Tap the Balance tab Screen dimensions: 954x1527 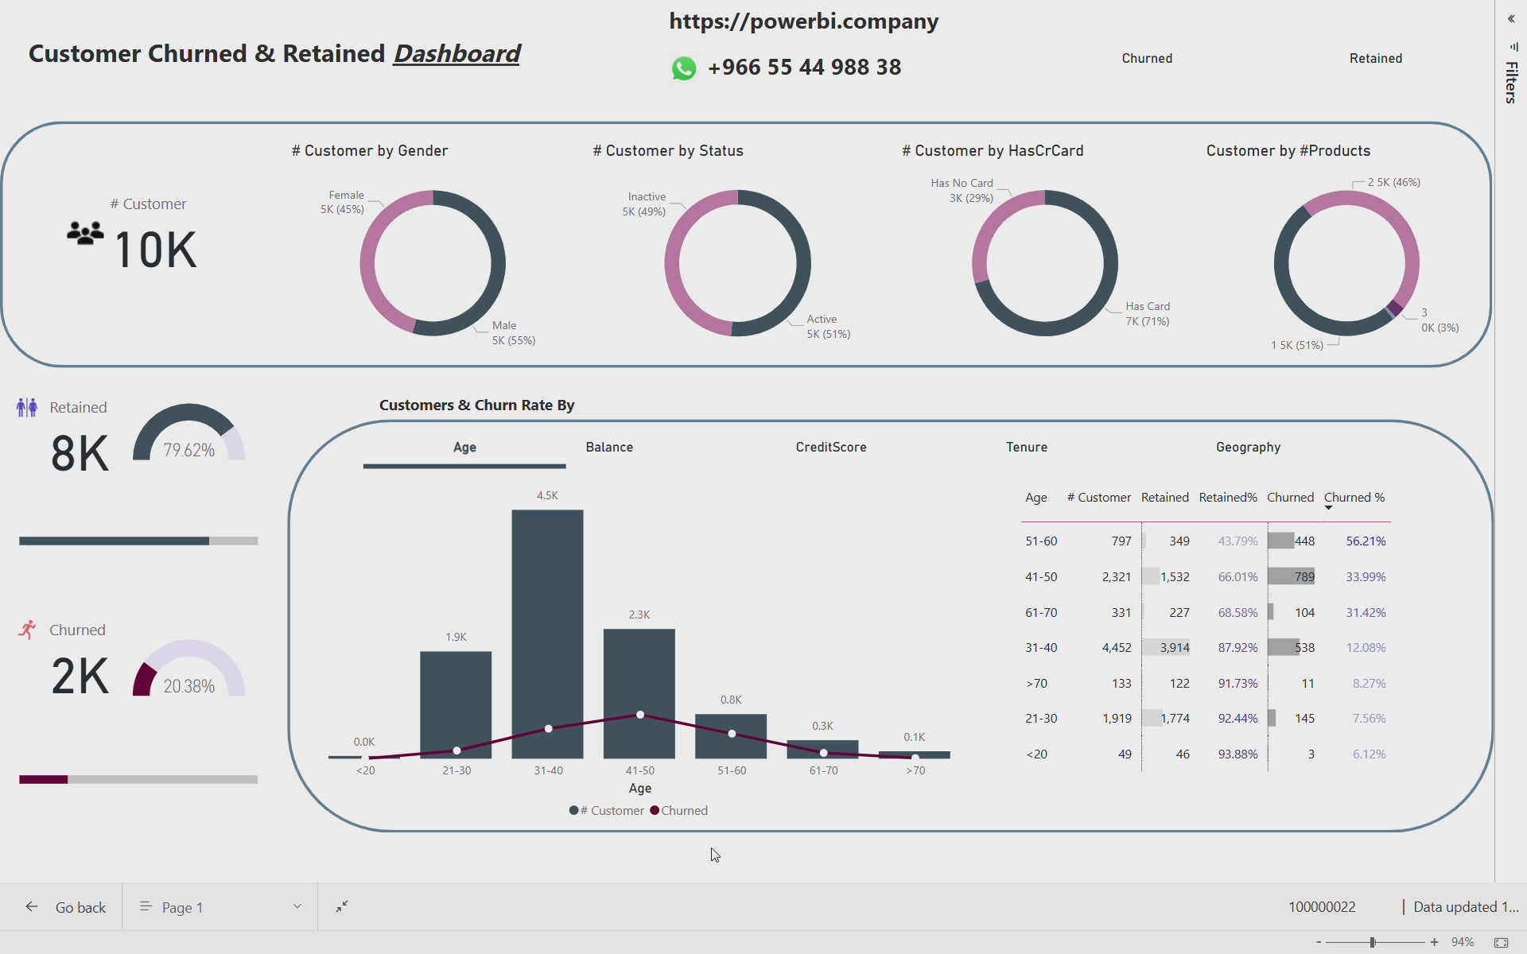[x=609, y=447]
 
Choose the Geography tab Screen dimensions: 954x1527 [x=1248, y=447]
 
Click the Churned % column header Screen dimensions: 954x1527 [x=1354, y=498]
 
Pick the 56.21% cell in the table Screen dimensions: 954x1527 [x=1366, y=541]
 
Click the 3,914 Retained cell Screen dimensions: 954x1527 [x=1174, y=648]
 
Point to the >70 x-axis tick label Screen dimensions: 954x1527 [x=915, y=770]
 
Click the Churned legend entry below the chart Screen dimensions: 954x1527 [x=682, y=811]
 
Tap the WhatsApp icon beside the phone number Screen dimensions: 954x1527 [x=684, y=68]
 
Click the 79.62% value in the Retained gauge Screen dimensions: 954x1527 [x=189, y=450]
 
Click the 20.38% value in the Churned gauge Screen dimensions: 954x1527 [x=189, y=686]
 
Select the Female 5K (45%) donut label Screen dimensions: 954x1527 [x=343, y=202]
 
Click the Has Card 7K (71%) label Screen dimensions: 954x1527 [x=1147, y=314]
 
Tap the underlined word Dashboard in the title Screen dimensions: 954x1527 [x=457, y=54]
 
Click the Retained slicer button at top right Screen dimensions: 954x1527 [x=1375, y=59]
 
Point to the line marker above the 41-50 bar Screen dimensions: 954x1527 [x=640, y=715]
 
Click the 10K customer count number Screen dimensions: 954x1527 [x=156, y=250]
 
